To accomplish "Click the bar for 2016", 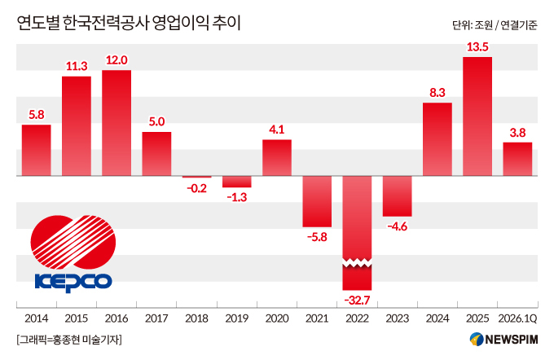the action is [117, 123].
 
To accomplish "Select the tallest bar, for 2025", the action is [477, 116].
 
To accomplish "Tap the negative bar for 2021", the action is [317, 201].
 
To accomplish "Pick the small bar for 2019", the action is [237, 182].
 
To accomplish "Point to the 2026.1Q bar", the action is [517, 159].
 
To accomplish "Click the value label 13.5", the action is [477, 47].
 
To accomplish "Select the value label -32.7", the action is [357, 301].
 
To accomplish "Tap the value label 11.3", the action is [77, 66].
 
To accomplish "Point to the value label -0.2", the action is [196, 188].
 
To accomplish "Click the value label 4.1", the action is [277, 130].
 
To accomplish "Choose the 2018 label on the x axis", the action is [196, 318].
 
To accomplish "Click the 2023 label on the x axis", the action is [397, 318].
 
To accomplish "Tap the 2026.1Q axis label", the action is [517, 318].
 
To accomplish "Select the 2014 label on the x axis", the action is [37, 318].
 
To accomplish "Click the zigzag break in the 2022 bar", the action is [357, 263].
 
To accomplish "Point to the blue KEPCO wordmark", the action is [73, 283].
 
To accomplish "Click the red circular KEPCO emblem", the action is [73, 243].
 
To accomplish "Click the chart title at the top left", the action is [129, 24].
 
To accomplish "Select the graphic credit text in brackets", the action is [69, 340].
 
